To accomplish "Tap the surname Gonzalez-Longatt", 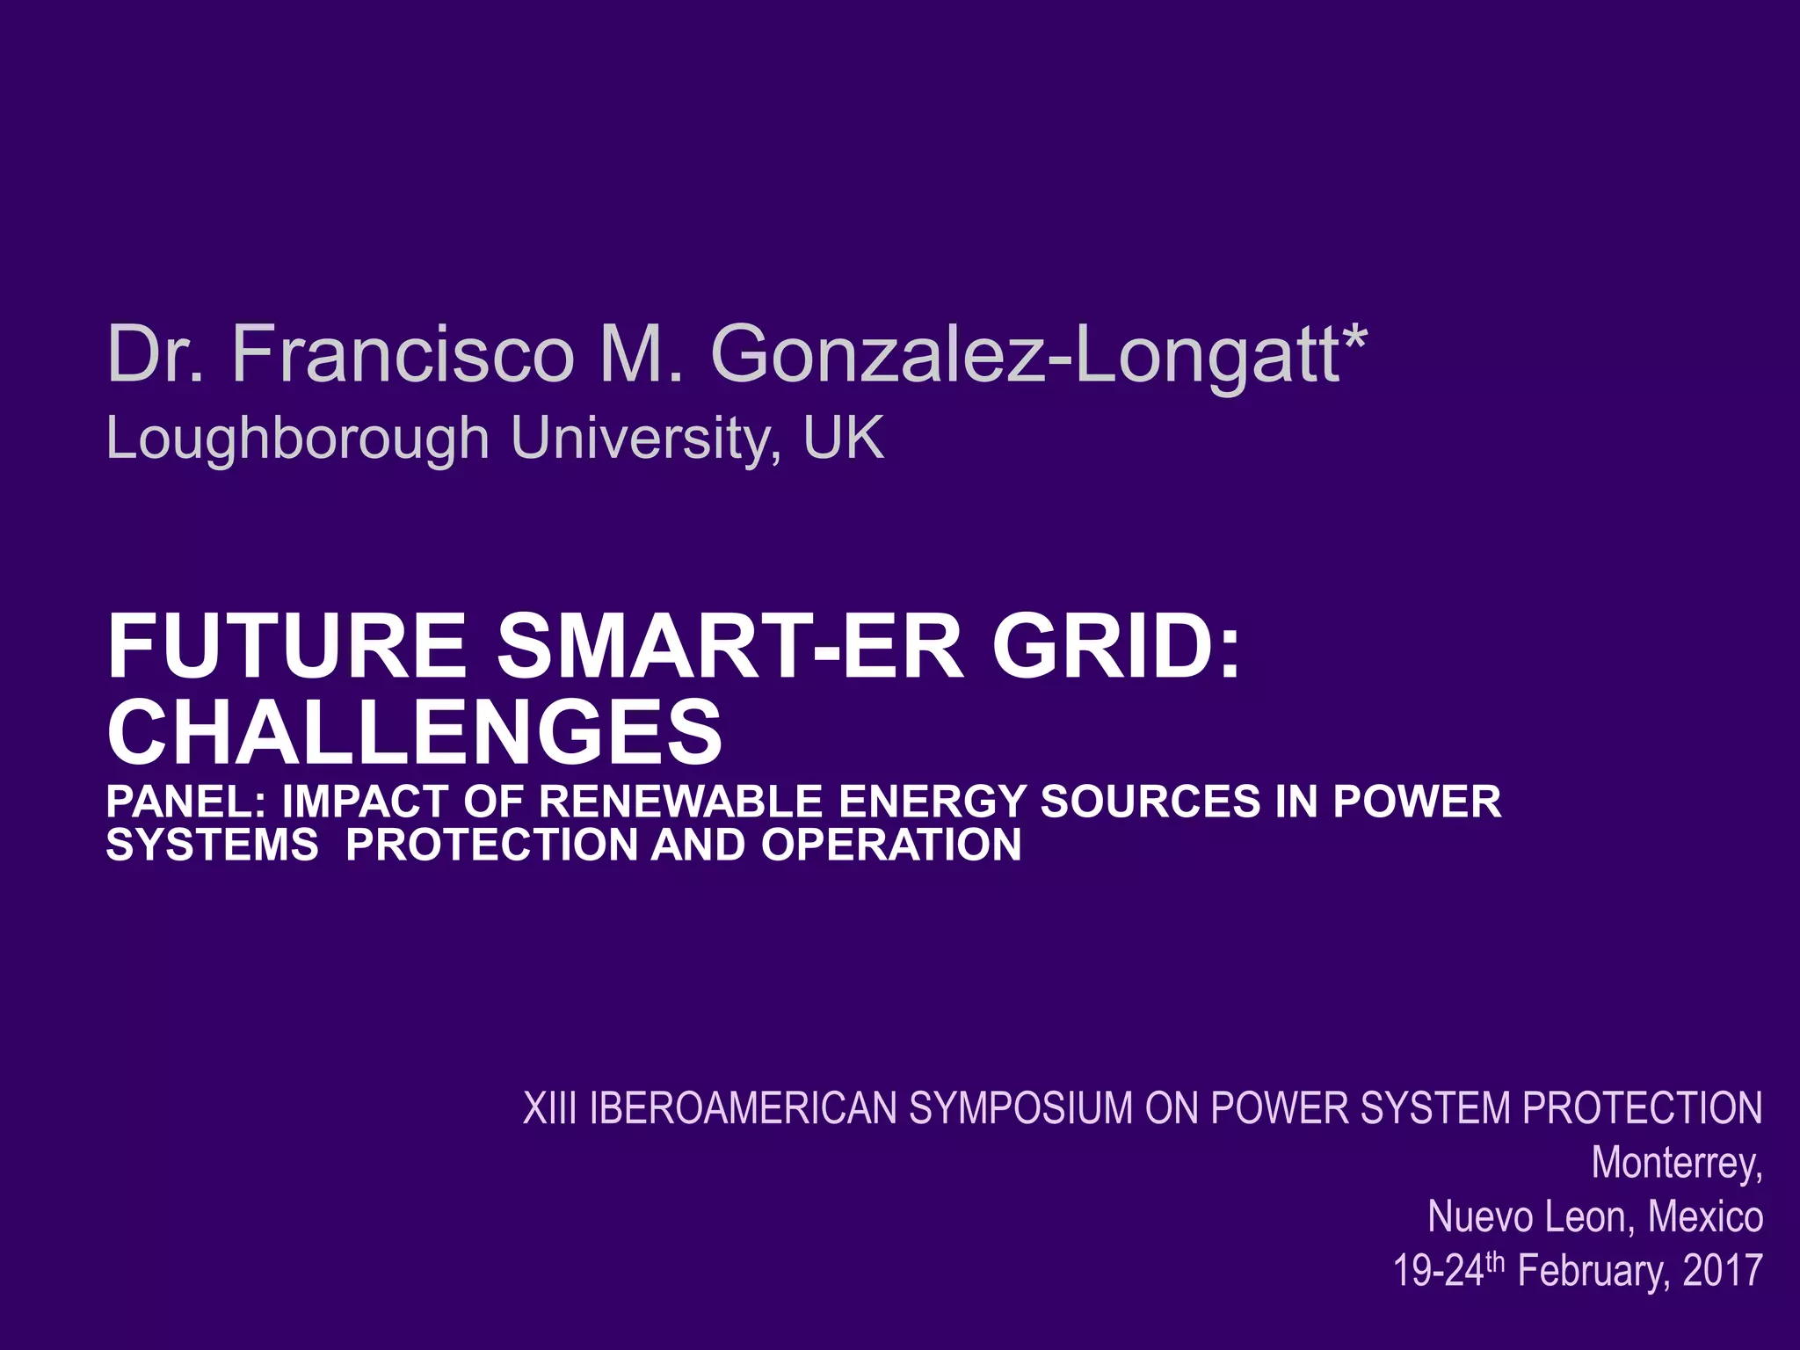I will (x=1025, y=355).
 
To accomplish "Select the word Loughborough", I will (x=297, y=438).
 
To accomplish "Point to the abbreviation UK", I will (x=843, y=437).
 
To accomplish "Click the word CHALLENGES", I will (x=414, y=731).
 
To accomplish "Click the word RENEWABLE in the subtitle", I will (x=680, y=802).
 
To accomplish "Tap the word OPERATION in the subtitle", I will (x=891, y=845).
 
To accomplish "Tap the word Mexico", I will (x=1705, y=1216).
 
